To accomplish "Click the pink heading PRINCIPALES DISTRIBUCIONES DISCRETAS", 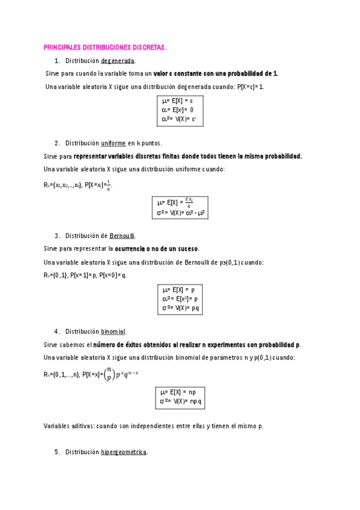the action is click(x=105, y=47).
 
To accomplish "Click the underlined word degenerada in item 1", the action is click(x=118, y=61).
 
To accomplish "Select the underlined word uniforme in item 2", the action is click(x=113, y=143).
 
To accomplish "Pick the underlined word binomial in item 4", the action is click(x=113, y=331).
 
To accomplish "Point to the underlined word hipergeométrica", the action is click(x=123, y=452).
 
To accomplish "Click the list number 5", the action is click(x=56, y=452).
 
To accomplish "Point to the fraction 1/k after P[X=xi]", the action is click(x=108, y=185).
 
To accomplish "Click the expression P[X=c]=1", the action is click(x=251, y=87).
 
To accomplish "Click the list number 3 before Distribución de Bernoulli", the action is click(x=56, y=235).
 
